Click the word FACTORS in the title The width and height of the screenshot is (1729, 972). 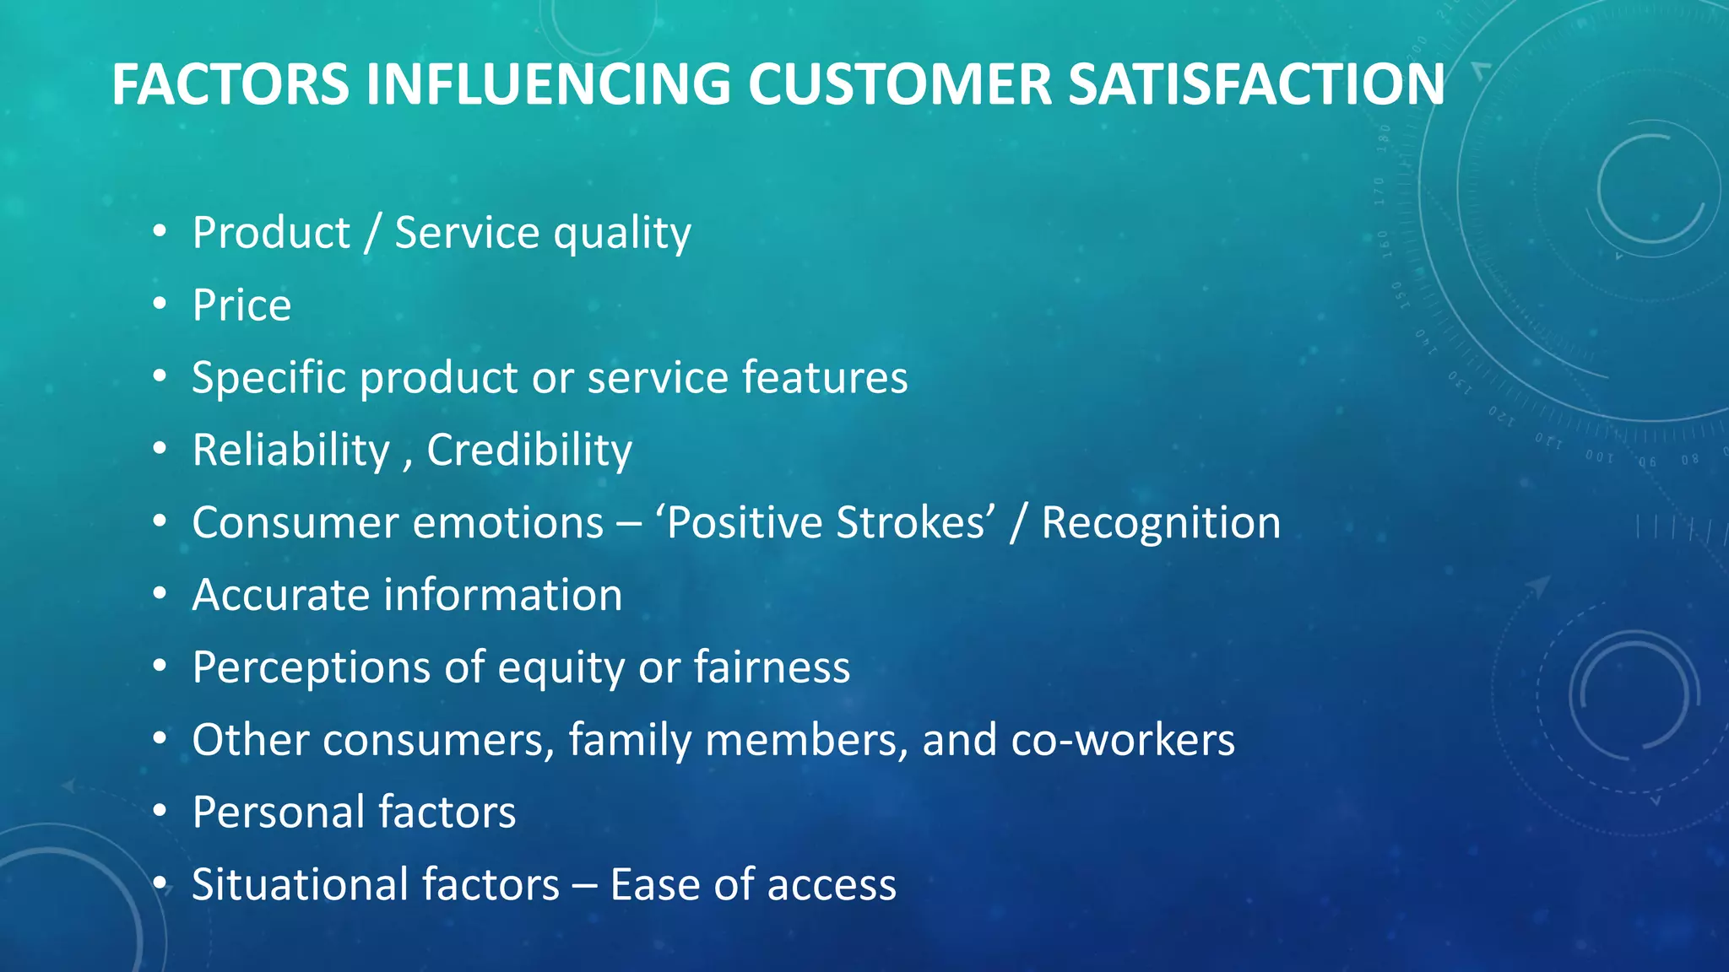[230, 84]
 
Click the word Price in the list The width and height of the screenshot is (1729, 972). [241, 305]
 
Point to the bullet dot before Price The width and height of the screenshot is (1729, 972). [160, 305]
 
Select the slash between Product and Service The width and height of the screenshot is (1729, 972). [372, 234]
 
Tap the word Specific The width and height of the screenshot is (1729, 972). [268, 378]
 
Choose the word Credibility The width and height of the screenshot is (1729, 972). [528, 451]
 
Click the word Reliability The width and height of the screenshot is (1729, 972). [290, 451]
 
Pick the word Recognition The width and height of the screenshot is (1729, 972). [1161, 523]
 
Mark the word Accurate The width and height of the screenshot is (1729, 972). [281, 596]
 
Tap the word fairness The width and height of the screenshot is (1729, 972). [772, 667]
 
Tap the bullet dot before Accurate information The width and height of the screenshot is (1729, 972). [160, 595]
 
